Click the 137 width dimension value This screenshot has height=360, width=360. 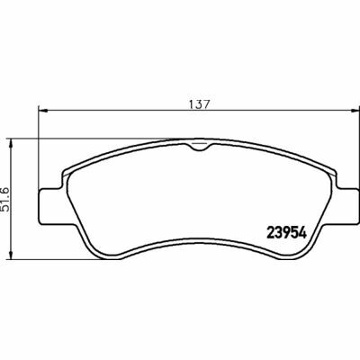(199, 104)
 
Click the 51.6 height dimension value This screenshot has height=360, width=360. (5, 200)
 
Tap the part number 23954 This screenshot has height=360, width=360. (287, 232)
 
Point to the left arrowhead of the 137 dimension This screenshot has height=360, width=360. (43, 111)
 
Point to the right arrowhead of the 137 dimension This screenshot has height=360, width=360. (355, 111)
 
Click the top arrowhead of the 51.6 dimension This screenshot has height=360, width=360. (11, 143)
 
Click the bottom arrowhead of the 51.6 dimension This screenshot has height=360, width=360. (11, 255)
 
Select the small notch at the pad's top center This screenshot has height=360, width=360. (199, 147)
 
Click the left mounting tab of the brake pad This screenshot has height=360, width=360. (50, 206)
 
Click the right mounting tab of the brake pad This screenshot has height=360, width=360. (347, 206)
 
